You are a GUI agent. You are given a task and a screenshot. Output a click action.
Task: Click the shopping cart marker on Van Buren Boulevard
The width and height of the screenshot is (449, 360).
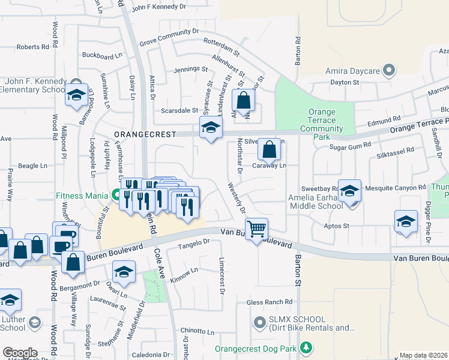(256, 229)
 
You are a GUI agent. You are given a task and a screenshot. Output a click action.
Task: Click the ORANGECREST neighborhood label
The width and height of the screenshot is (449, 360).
(146, 134)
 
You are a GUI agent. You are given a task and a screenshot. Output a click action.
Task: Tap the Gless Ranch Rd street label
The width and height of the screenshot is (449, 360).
(273, 302)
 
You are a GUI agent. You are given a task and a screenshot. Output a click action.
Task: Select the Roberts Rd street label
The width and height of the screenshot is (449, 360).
(33, 47)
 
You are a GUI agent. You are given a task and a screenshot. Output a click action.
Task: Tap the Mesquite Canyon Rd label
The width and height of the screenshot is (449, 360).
(396, 188)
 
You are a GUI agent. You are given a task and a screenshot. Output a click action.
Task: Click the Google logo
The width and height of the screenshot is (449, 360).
(20, 353)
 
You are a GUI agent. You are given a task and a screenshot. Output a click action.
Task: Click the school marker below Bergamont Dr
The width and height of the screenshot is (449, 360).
(124, 273)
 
